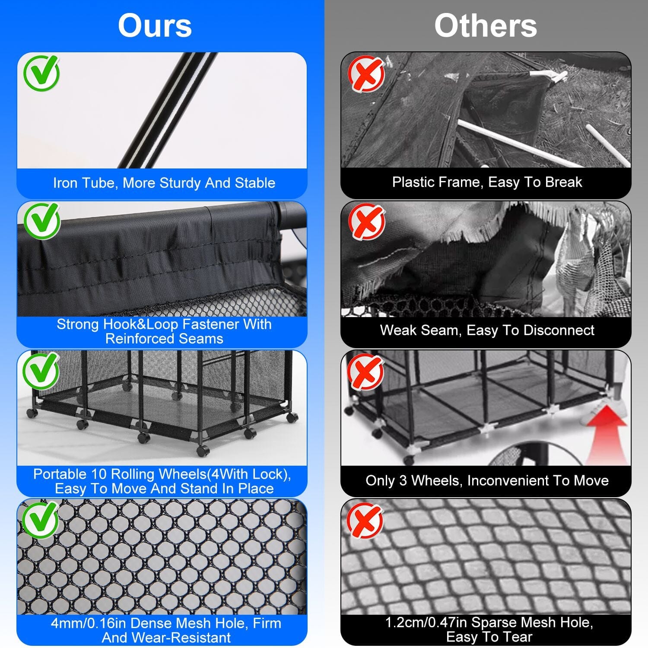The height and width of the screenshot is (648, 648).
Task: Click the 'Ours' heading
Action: (x=155, y=25)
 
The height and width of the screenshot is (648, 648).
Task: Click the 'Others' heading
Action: (x=486, y=25)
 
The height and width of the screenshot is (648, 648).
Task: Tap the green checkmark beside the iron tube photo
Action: (x=42, y=73)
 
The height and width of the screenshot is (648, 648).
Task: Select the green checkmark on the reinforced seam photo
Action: (x=42, y=220)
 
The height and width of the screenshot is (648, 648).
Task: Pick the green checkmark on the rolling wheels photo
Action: (x=42, y=370)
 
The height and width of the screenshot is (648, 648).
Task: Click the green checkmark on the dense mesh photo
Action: (x=41, y=519)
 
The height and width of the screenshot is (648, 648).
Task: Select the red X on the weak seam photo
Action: (x=367, y=222)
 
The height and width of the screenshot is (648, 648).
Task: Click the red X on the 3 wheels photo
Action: (x=365, y=372)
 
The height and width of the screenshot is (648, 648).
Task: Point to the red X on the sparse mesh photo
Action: (x=365, y=520)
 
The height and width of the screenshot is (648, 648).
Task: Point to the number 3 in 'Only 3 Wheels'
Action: (x=403, y=480)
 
